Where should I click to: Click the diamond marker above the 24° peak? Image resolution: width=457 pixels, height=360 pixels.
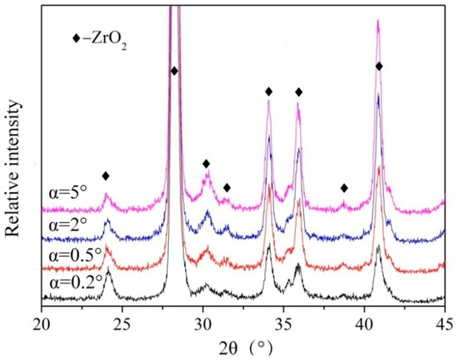tap(106, 175)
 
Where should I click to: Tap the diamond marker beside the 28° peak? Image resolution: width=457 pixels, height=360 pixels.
tap(174, 72)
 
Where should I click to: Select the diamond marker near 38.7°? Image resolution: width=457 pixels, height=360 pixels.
tap(344, 188)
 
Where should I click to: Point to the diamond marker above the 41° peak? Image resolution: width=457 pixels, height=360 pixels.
tap(379, 67)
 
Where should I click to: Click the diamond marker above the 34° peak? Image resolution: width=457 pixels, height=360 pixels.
tap(268, 91)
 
